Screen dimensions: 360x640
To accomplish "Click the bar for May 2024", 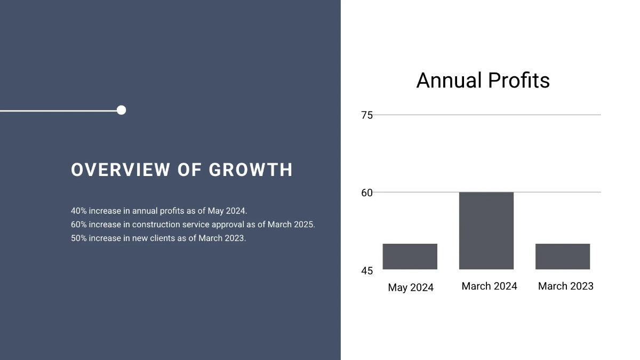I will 410,257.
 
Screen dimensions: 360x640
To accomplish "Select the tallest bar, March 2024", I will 486,230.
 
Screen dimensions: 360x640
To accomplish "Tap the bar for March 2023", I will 562,257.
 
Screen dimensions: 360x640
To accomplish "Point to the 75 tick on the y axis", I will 367,115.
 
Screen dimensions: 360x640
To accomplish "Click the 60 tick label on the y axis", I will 367,193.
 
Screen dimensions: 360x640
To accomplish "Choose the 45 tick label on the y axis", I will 367,271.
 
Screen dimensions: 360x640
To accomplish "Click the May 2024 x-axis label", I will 411,287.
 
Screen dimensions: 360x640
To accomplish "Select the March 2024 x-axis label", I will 489,286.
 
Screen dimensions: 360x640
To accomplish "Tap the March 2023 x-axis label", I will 565,286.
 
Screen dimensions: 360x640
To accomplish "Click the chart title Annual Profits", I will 483,81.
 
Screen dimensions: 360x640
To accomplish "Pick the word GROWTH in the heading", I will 251,170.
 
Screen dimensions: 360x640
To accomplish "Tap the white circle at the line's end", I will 121,110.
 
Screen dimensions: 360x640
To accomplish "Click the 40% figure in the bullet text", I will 78,211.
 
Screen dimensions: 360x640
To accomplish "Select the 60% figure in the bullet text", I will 78,225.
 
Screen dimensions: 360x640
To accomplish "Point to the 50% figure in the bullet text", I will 78,238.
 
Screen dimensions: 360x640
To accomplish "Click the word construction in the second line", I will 156,225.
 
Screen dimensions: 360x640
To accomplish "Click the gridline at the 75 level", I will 485,115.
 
